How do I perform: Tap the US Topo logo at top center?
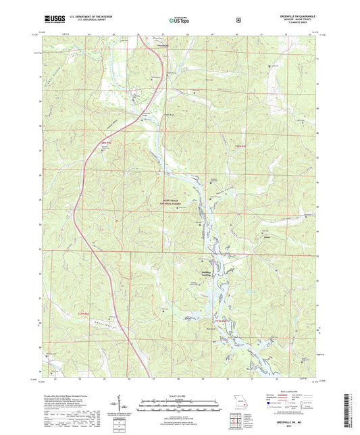(x=180, y=20)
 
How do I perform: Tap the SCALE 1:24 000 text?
(x=180, y=395)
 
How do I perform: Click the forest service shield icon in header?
(x=238, y=20)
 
